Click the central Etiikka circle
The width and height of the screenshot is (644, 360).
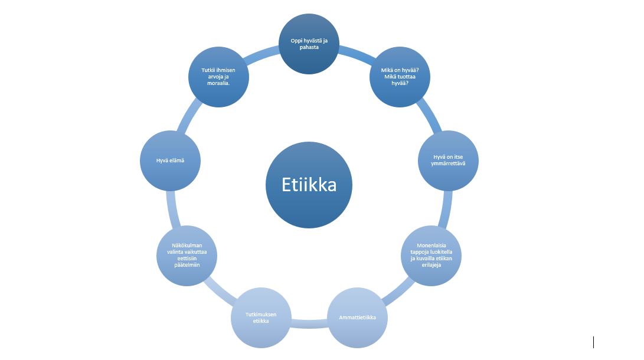click(x=309, y=185)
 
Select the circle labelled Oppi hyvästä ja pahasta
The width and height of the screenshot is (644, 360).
click(x=309, y=44)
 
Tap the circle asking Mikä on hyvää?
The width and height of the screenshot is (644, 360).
click(x=400, y=77)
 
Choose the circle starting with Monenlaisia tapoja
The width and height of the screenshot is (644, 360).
click(x=431, y=256)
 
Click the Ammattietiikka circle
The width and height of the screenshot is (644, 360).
click(x=358, y=318)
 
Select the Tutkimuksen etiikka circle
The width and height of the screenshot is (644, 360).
click(x=260, y=318)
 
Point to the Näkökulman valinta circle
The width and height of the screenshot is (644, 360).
click(x=187, y=256)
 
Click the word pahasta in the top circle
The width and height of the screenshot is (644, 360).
click(x=309, y=48)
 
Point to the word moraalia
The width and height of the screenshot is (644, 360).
click(x=218, y=84)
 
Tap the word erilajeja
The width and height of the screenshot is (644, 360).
click(x=431, y=266)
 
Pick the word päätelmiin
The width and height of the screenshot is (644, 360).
click(x=187, y=266)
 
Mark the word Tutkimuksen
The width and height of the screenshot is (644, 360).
click(x=260, y=314)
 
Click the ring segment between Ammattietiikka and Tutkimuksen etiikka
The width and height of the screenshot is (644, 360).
click(x=309, y=323)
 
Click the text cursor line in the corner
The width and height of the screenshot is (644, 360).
click(x=593, y=342)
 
